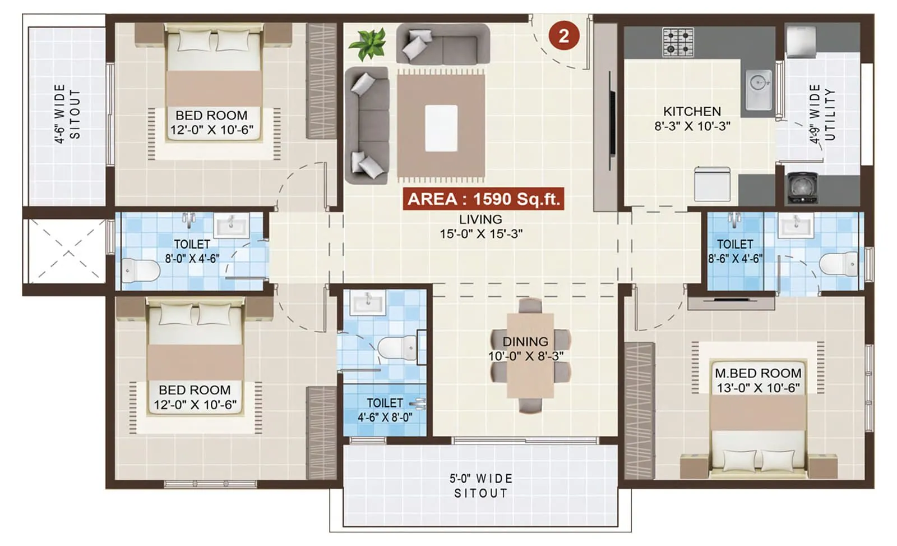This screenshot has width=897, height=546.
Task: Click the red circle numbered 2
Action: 563,36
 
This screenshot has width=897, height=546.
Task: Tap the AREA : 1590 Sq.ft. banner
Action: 483,199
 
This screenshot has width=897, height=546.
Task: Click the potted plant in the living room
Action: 367,44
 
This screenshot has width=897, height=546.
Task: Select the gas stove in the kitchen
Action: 678,42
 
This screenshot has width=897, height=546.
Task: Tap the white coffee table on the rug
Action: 441,128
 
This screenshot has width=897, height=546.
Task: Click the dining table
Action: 530,355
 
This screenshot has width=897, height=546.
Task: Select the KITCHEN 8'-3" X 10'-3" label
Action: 692,118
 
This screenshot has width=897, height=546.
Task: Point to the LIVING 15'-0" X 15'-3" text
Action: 480,226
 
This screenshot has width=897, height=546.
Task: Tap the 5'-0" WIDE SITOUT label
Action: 480,485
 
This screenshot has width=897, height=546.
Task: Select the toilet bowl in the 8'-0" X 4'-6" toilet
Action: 141,270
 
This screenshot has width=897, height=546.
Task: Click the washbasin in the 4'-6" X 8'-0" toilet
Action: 367,304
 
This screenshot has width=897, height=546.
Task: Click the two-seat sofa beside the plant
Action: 443,45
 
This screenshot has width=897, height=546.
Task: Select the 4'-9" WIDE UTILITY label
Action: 822,114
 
